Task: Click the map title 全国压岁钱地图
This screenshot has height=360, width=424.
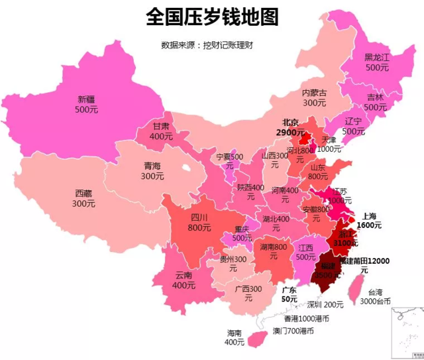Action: click(x=212, y=17)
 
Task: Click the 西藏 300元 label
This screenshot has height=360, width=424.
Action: click(x=83, y=198)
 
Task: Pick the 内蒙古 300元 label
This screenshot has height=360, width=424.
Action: click(x=314, y=97)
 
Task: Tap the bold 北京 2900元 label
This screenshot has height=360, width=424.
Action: click(x=291, y=127)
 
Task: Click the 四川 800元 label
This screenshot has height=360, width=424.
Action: click(x=199, y=222)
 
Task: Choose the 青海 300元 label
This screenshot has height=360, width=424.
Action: click(x=152, y=171)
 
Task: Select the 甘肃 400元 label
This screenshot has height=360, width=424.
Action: click(x=161, y=131)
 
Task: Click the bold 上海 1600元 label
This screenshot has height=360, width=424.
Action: click(x=369, y=220)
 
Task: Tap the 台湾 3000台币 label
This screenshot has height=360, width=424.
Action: click(x=374, y=296)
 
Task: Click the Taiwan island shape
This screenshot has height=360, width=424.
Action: click(x=356, y=286)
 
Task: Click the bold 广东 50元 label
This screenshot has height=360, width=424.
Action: click(x=289, y=294)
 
